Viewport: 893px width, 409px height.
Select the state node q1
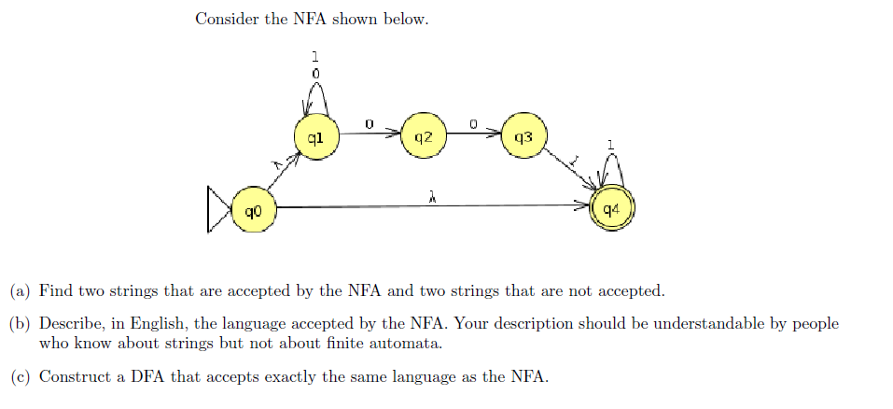coord(315,138)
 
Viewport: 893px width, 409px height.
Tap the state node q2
coord(423,137)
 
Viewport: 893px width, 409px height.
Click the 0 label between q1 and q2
coord(369,122)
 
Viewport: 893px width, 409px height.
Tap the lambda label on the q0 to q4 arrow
coord(432,197)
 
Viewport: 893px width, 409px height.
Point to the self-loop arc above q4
coord(611,169)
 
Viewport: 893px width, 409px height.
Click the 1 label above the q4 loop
coord(610,145)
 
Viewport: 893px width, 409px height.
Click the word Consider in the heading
coord(227,19)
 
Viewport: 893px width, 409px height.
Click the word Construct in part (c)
coord(72,376)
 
